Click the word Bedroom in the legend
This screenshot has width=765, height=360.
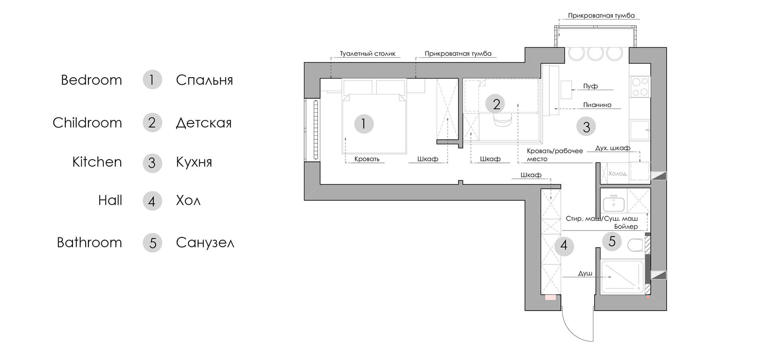[x=91, y=80]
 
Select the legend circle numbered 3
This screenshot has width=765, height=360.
[x=152, y=163]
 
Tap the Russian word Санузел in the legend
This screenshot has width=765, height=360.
[x=205, y=243]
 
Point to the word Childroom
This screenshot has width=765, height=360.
[x=87, y=123]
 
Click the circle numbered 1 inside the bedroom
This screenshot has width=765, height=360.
[x=364, y=124]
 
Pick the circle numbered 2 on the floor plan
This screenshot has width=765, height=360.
[x=496, y=104]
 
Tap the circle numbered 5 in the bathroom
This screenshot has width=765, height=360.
[x=612, y=241]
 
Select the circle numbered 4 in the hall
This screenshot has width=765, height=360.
[x=564, y=246]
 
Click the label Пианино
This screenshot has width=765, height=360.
[x=597, y=105]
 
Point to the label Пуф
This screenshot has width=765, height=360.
[x=590, y=86]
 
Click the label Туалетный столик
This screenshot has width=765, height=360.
[x=367, y=54]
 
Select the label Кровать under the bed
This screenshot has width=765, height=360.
[x=367, y=159]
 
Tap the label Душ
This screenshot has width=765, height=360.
[x=585, y=274]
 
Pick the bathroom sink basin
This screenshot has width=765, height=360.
[x=614, y=204]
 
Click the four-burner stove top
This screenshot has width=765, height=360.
[x=639, y=87]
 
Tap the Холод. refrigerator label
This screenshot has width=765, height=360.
[x=618, y=174]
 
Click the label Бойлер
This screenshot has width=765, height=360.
[x=626, y=227]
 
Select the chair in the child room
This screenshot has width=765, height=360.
[x=502, y=120]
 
